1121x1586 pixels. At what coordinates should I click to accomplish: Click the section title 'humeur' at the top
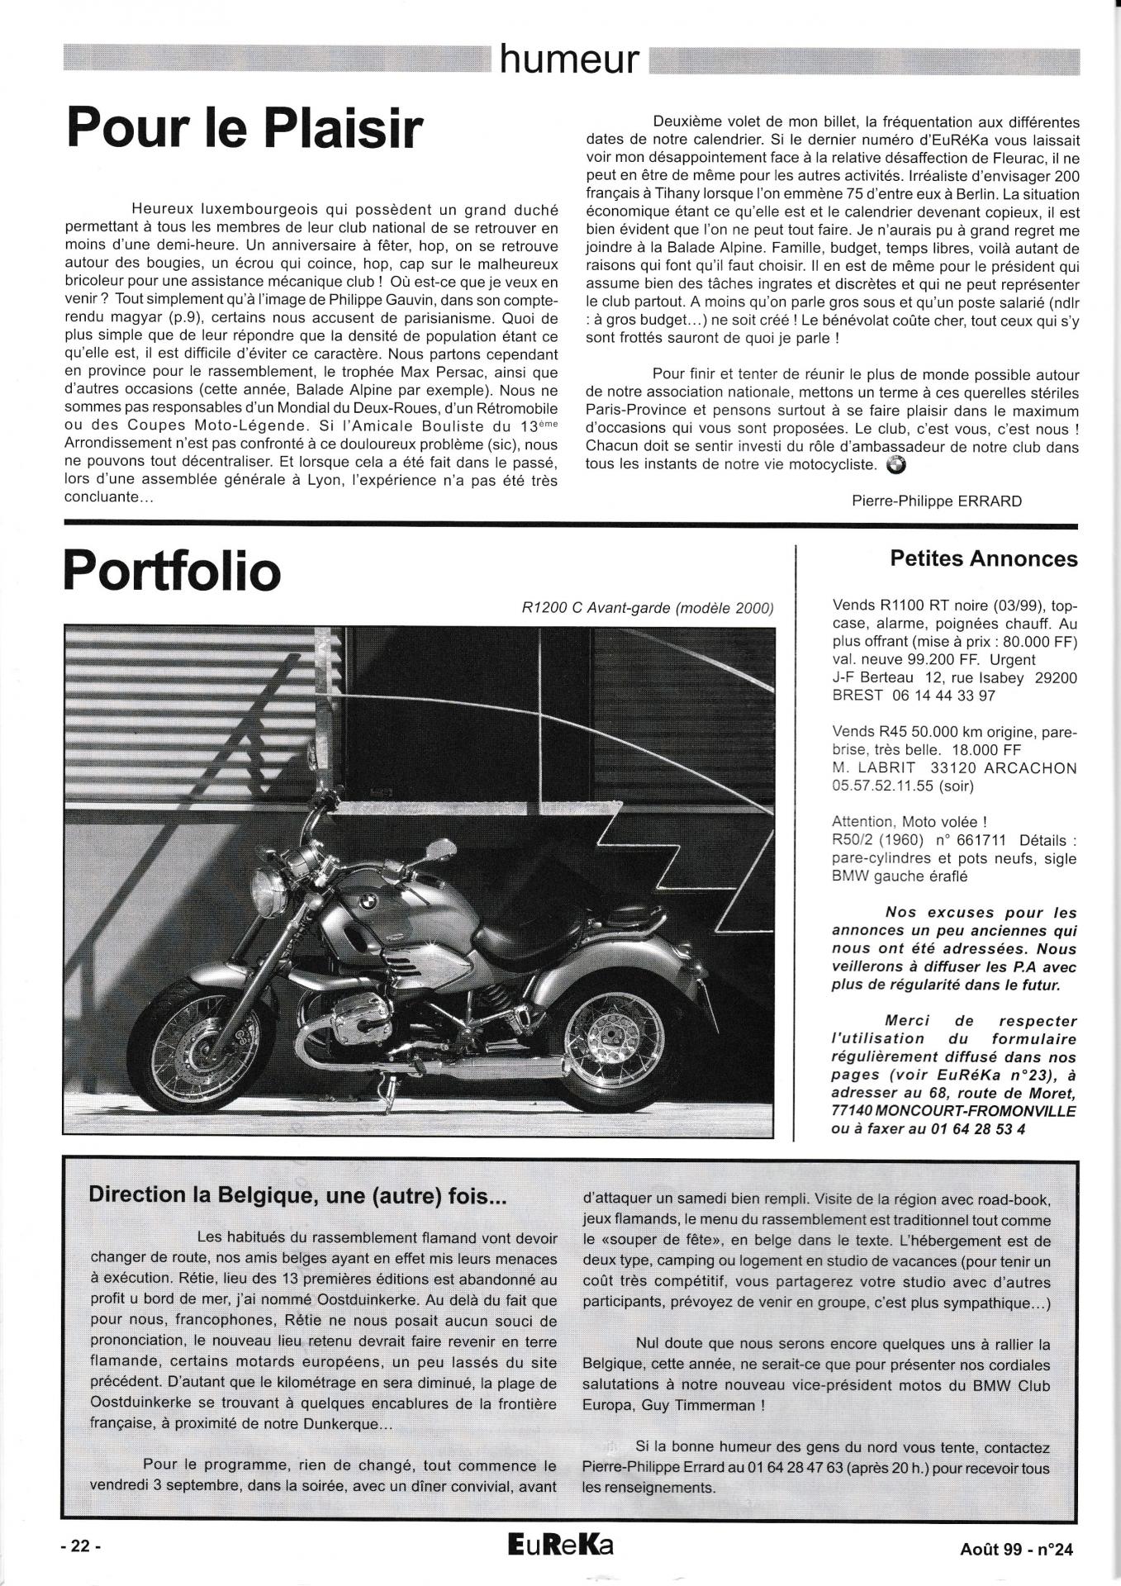click(x=569, y=59)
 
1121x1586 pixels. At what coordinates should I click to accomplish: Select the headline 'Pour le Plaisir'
click(x=244, y=130)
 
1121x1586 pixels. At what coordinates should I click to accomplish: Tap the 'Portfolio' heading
click(x=172, y=571)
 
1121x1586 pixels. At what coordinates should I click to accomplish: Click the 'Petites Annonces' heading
click(x=984, y=559)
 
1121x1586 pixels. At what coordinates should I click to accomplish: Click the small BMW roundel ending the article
click(x=895, y=465)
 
